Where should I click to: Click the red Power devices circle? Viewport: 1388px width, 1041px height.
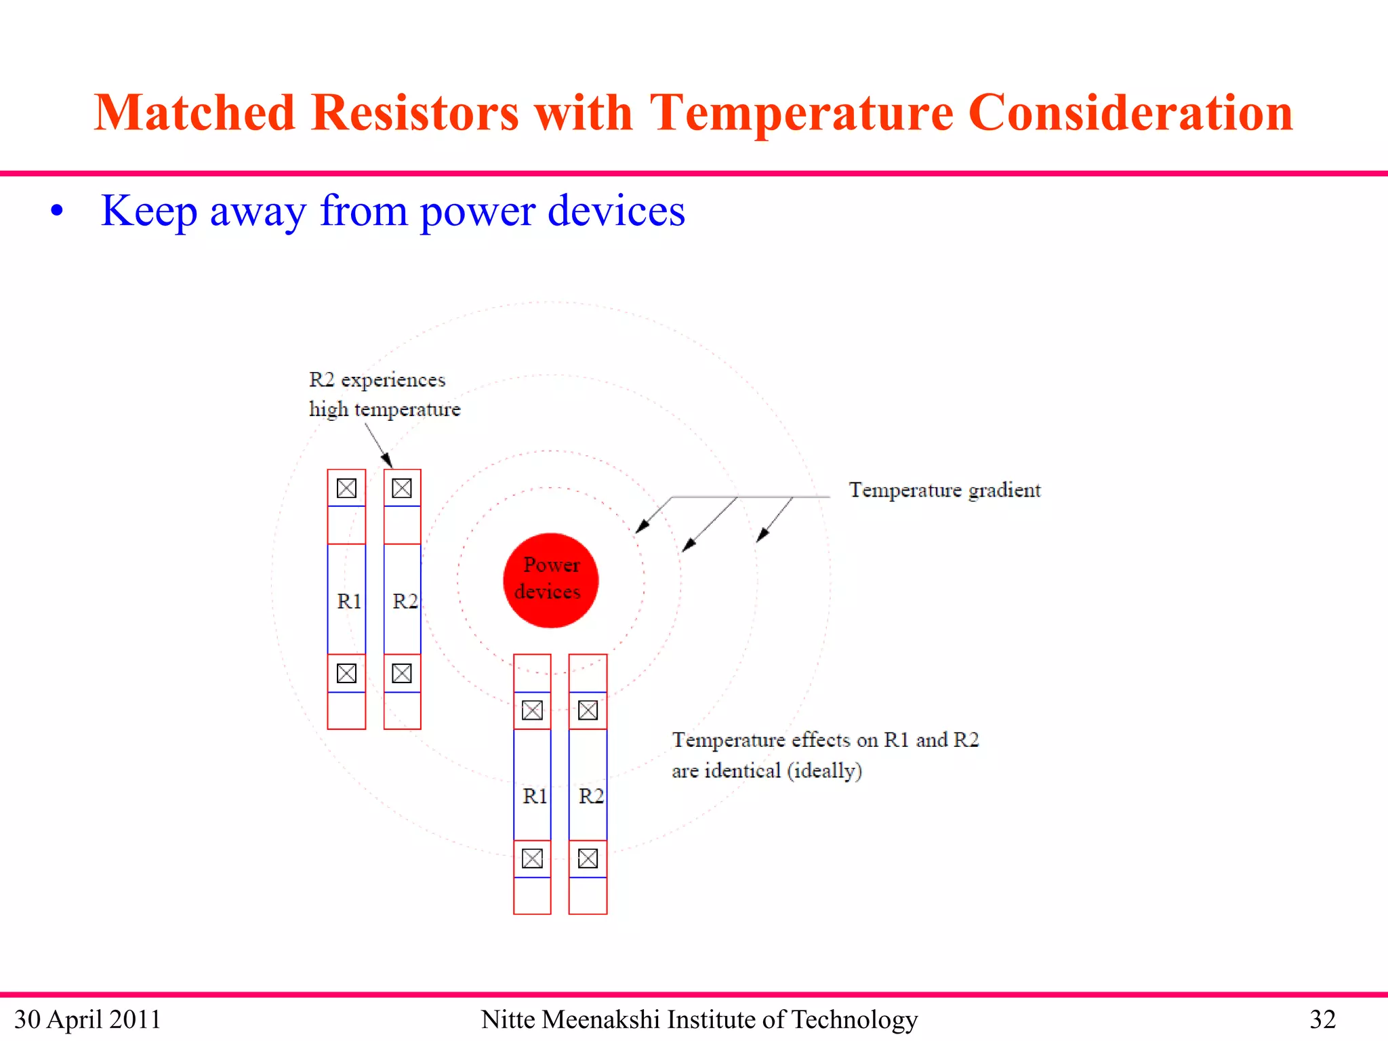(x=550, y=580)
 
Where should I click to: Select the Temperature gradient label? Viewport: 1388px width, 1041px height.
(x=944, y=490)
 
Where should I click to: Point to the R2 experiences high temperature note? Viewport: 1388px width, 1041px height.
(x=384, y=394)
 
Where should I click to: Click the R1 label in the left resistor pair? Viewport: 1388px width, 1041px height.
(x=349, y=601)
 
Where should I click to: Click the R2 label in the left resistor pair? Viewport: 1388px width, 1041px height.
(x=405, y=601)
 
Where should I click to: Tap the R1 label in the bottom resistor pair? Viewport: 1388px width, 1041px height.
(x=535, y=796)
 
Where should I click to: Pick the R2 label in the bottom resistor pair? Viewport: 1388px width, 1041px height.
(x=590, y=796)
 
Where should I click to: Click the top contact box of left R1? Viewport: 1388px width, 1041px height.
(x=346, y=488)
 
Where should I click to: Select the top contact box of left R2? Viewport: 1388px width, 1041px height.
(x=402, y=488)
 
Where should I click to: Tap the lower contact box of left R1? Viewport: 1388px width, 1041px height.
(x=346, y=673)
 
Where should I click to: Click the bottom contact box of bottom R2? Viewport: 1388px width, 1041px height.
(x=588, y=859)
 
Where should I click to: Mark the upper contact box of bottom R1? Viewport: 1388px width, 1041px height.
(x=532, y=710)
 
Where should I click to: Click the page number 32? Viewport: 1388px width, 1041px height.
(x=1322, y=1019)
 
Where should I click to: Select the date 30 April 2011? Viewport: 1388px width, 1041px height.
(x=87, y=1019)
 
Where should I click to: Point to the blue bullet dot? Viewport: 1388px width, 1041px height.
(x=57, y=211)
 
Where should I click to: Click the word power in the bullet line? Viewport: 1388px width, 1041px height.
(x=478, y=211)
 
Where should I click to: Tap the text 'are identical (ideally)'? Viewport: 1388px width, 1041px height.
(x=767, y=771)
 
